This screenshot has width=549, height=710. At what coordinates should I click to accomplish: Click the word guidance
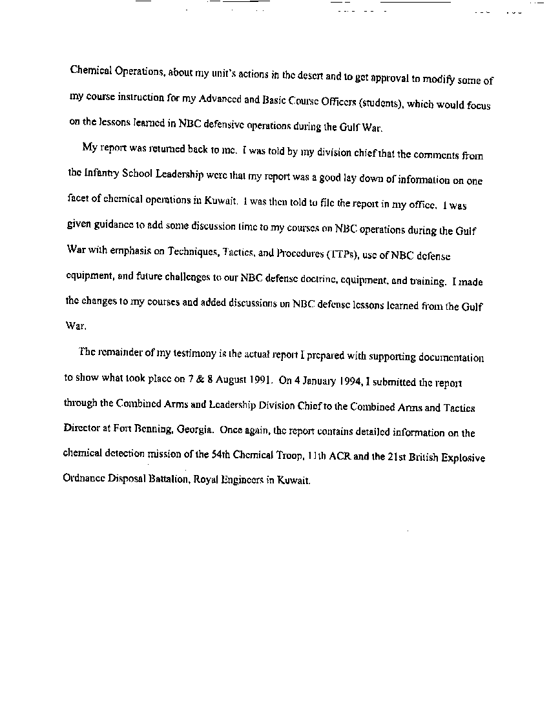coord(112,231)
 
